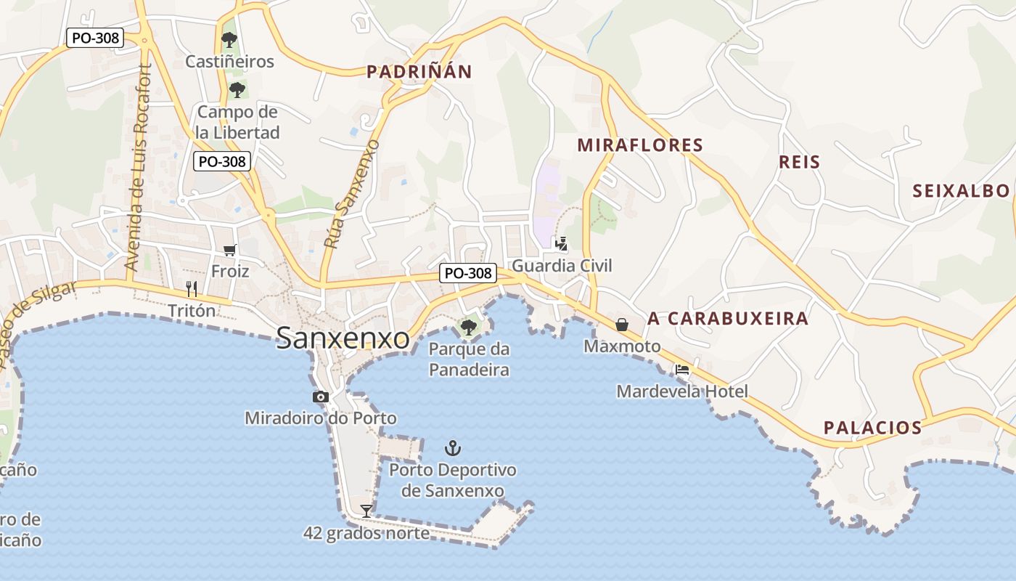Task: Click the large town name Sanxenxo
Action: tap(343, 338)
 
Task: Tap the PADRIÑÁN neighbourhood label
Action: tap(419, 72)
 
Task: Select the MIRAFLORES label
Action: tap(640, 145)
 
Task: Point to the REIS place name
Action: tap(799, 162)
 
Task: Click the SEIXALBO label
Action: tap(961, 191)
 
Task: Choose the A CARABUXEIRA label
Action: tap(728, 319)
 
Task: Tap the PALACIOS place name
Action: tap(872, 428)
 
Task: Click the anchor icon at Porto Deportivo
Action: tap(453, 447)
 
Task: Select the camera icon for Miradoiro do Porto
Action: tap(321, 397)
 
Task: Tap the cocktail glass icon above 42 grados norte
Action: tap(366, 511)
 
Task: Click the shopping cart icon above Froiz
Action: tap(230, 251)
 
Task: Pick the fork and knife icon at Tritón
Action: tap(192, 289)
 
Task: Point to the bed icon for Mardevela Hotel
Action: tap(682, 370)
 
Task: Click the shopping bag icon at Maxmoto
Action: tap(622, 324)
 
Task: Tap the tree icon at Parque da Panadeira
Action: tap(469, 327)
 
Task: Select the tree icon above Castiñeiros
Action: tap(229, 39)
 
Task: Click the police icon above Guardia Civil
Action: tap(561, 243)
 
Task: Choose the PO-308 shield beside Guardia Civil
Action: tap(468, 273)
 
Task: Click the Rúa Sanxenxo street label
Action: tap(352, 195)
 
